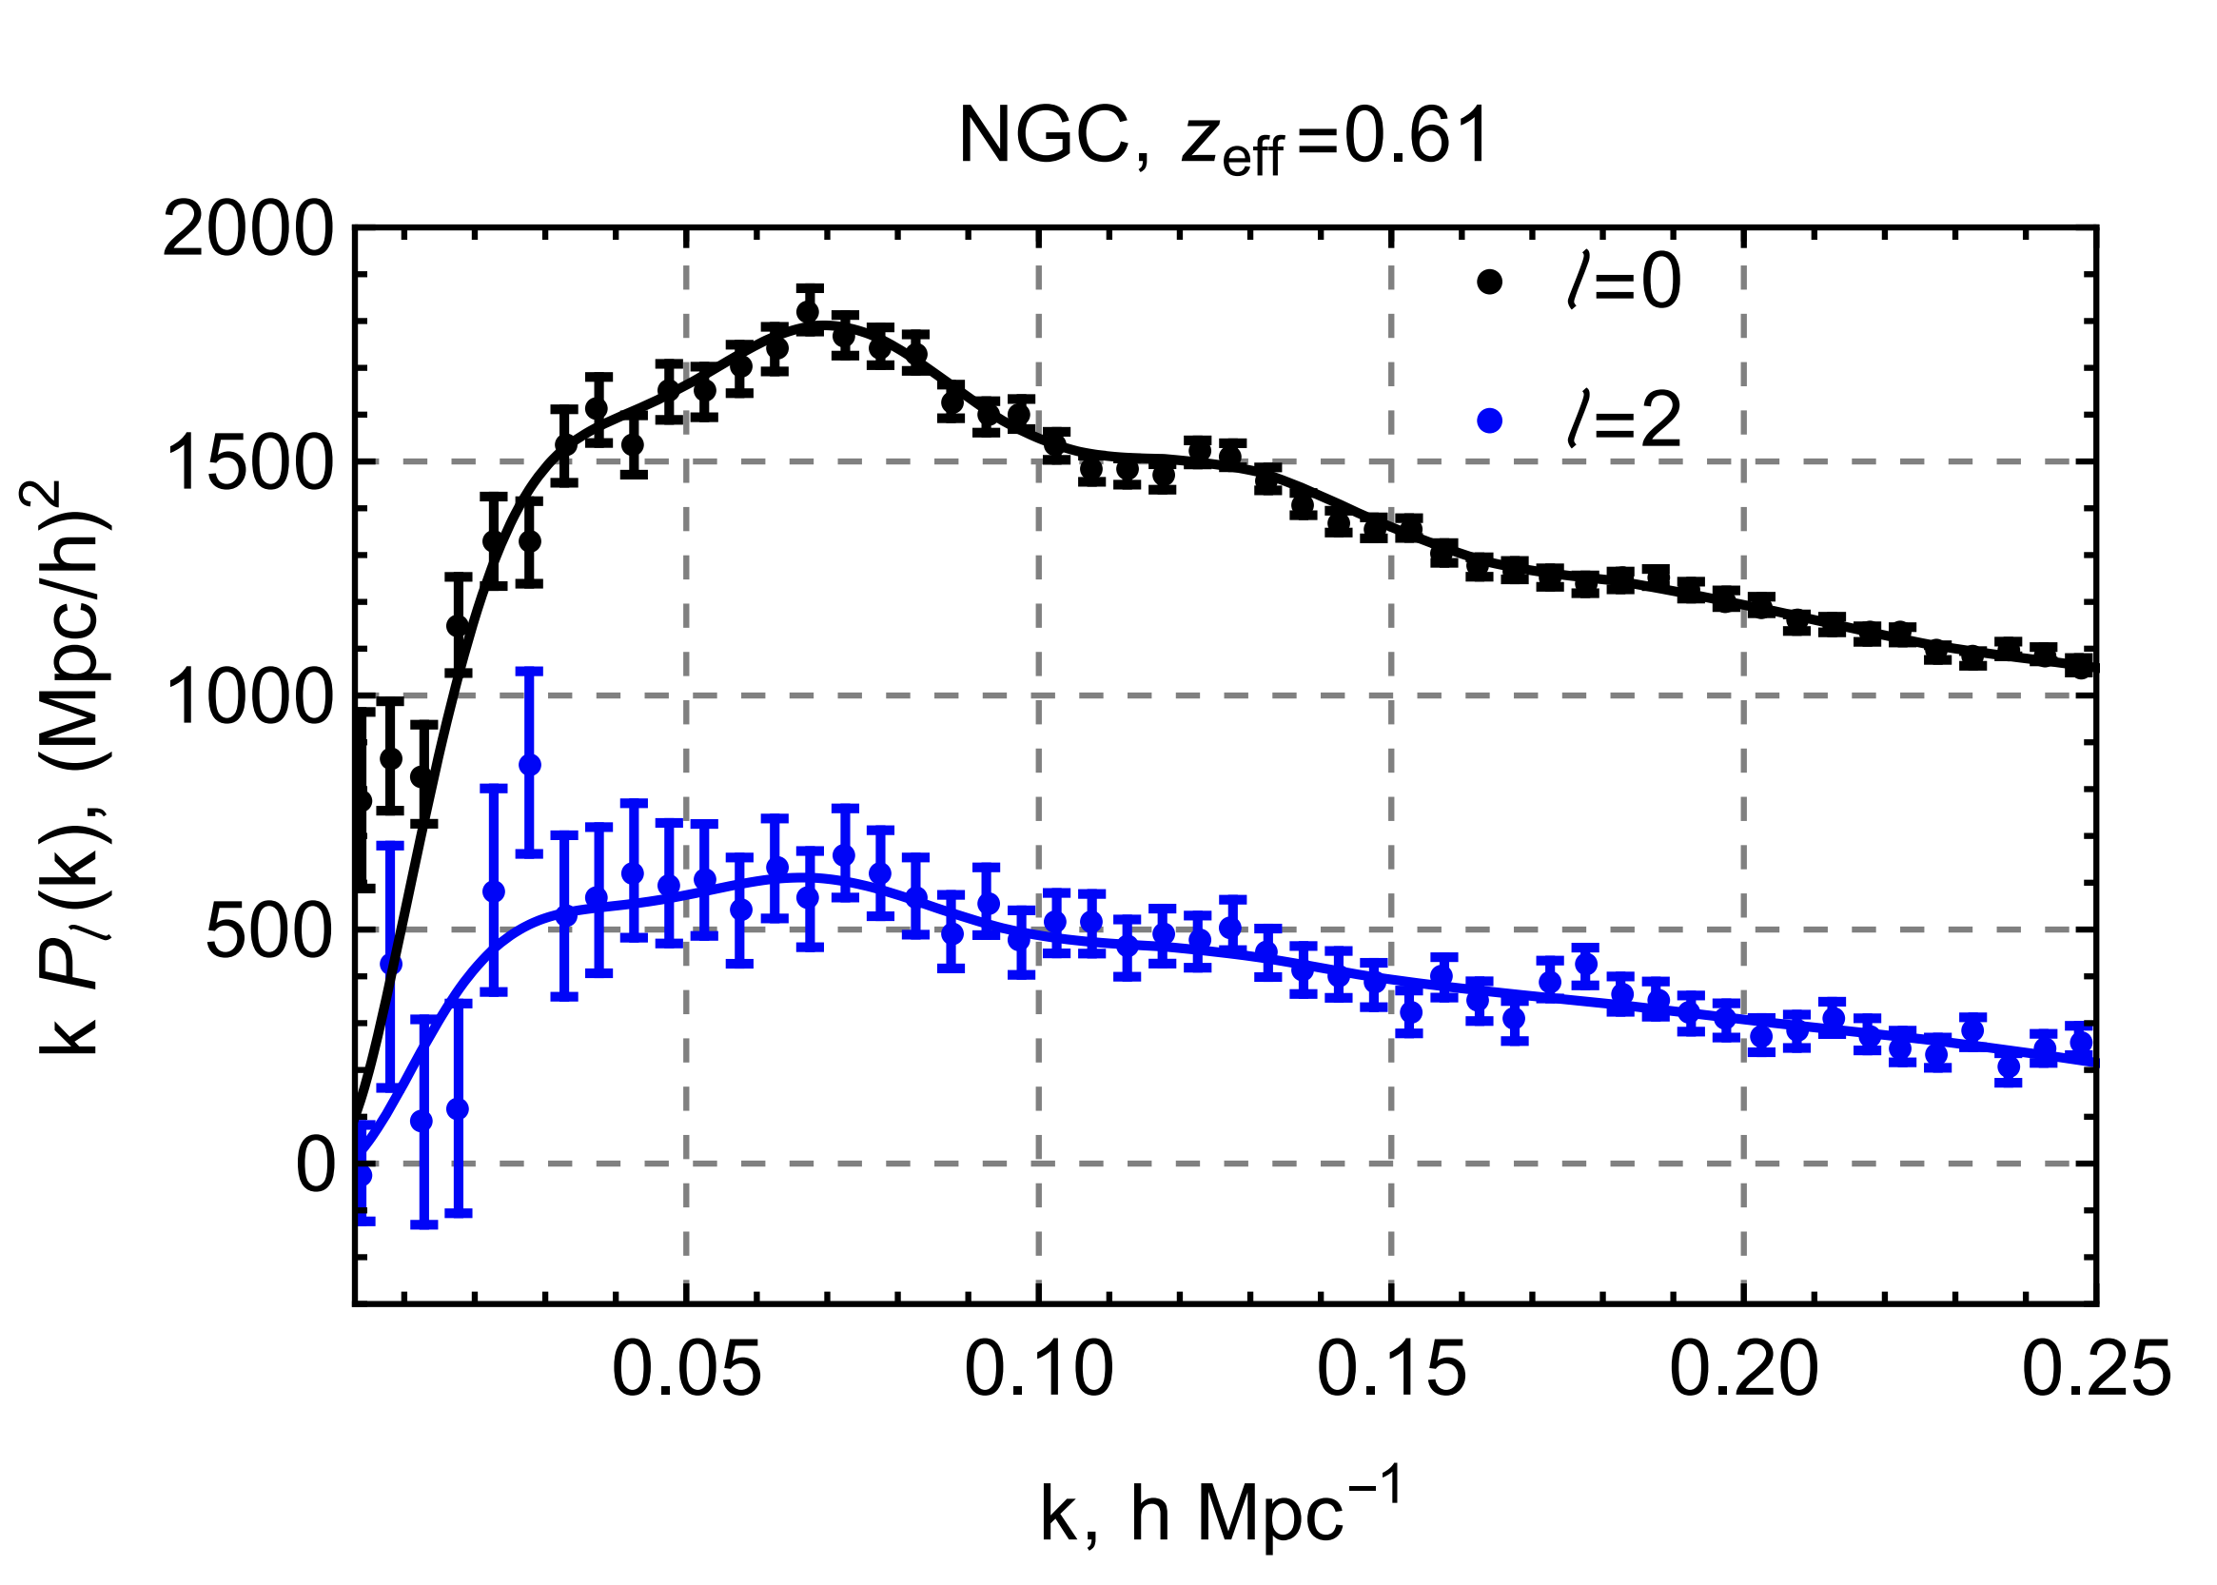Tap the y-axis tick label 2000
pyautogui.click(x=247, y=232)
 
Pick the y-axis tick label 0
pyautogui.click(x=315, y=1164)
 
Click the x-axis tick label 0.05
pyautogui.click(x=686, y=1369)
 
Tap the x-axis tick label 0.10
pyautogui.click(x=1039, y=1369)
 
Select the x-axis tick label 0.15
pyautogui.click(x=1391, y=1369)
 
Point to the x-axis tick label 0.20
pyautogui.click(x=1743, y=1369)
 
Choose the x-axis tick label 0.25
pyautogui.click(x=2096, y=1369)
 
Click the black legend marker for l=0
pyautogui.click(x=1490, y=282)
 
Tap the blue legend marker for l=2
pyautogui.click(x=1490, y=421)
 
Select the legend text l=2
pyautogui.click(x=1623, y=421)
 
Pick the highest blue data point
pyautogui.click(x=529, y=765)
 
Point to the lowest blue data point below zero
pyautogui.click(x=363, y=1176)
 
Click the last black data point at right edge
pyautogui.click(x=2081, y=667)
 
